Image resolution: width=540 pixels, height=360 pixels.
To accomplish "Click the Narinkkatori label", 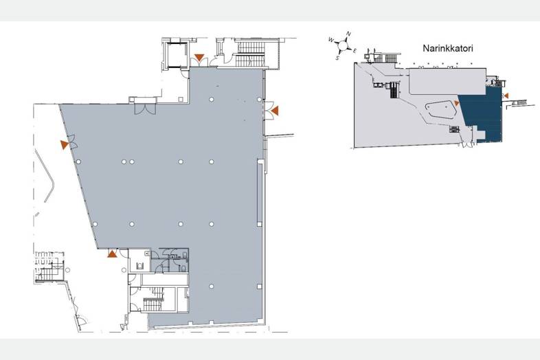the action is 448,48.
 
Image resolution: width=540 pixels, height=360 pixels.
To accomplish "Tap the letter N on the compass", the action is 348,34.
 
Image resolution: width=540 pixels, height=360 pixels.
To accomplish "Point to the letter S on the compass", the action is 338,58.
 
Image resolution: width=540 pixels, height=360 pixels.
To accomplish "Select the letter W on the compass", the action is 331,40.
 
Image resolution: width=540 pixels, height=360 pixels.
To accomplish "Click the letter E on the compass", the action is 355,51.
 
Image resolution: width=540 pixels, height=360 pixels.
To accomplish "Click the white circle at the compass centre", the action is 343,45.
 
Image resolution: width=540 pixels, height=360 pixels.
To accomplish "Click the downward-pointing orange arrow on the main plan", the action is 199,58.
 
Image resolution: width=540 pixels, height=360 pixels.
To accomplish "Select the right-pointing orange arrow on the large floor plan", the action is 65,145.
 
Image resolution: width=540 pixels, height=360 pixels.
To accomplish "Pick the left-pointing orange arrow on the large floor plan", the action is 275,111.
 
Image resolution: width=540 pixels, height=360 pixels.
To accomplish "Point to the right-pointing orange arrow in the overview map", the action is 457,103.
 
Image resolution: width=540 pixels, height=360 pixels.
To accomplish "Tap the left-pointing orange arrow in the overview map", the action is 506,95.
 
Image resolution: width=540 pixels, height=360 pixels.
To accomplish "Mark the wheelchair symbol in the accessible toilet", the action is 140,265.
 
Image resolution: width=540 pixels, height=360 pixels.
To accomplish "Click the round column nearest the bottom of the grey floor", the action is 212,286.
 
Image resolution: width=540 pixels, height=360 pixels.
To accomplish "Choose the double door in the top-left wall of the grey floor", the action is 145,109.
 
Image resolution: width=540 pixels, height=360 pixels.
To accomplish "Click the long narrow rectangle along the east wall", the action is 260,192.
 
